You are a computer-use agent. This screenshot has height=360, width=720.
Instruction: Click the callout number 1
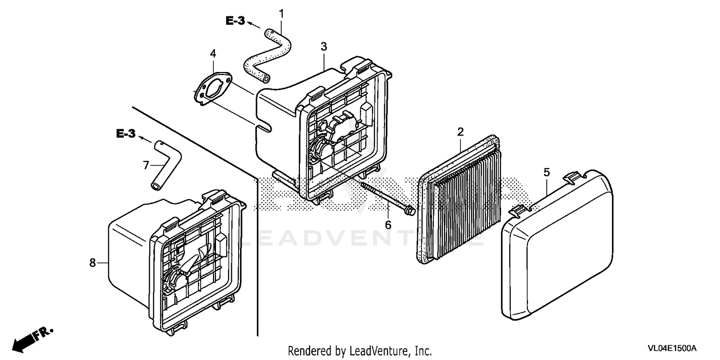282,14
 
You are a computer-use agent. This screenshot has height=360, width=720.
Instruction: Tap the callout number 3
324,47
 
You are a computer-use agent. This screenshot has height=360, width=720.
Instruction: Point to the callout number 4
213,54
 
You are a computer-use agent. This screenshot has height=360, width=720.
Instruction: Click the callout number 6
388,224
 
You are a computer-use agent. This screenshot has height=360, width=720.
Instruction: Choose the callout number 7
146,165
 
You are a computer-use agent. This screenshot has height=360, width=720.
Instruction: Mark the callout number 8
93,262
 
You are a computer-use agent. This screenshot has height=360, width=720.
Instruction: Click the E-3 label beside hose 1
235,20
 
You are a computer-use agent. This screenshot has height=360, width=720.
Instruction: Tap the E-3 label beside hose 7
126,134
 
